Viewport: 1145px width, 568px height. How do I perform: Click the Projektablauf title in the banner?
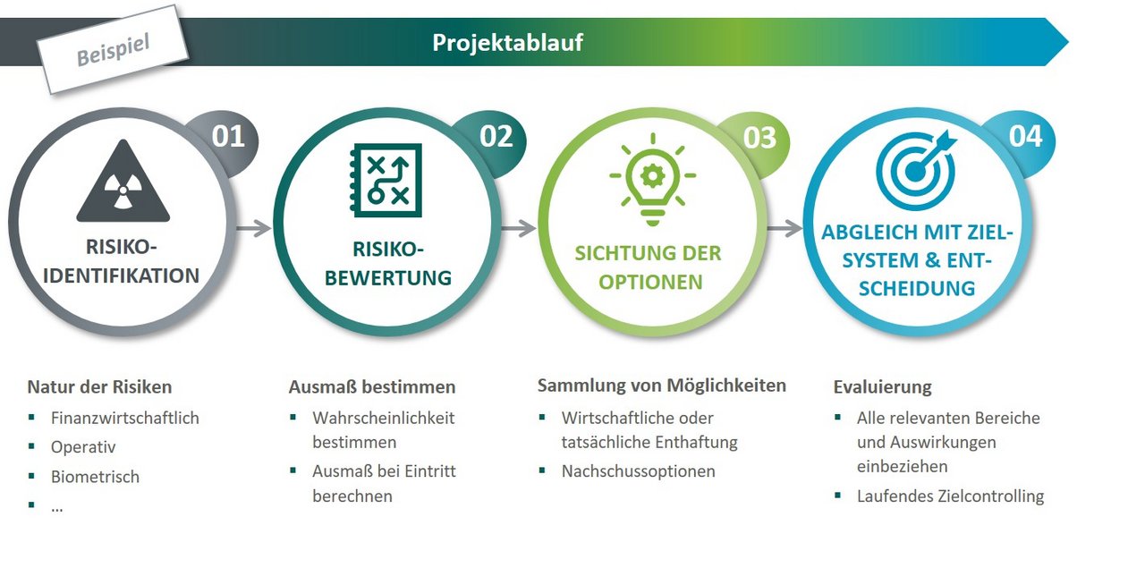(507, 42)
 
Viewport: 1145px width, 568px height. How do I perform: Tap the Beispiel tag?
(113, 49)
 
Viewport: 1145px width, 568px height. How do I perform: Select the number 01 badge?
(228, 137)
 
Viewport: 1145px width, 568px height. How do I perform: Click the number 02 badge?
(496, 137)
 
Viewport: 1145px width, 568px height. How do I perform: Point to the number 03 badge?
(759, 138)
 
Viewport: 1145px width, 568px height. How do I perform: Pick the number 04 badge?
(1025, 137)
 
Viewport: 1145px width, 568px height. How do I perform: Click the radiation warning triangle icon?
(123, 181)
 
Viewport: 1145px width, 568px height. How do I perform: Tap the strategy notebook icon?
(386, 180)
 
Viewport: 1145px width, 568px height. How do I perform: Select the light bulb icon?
(653, 179)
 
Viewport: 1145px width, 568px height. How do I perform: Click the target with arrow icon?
(916, 170)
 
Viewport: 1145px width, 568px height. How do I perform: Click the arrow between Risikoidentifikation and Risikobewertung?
(254, 228)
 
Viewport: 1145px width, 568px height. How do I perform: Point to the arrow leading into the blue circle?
(785, 228)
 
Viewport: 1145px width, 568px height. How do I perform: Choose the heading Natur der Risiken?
(99, 387)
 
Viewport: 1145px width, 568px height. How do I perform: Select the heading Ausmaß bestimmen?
(372, 387)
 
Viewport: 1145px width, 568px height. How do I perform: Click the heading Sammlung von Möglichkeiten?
(662, 386)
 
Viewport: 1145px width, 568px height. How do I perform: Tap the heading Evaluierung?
(883, 387)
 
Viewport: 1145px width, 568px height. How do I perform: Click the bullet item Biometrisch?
(95, 477)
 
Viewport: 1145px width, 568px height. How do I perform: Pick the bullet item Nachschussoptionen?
(639, 471)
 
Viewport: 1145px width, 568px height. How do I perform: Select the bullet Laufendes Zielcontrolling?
(951, 496)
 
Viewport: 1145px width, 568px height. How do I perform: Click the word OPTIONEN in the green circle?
(650, 282)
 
